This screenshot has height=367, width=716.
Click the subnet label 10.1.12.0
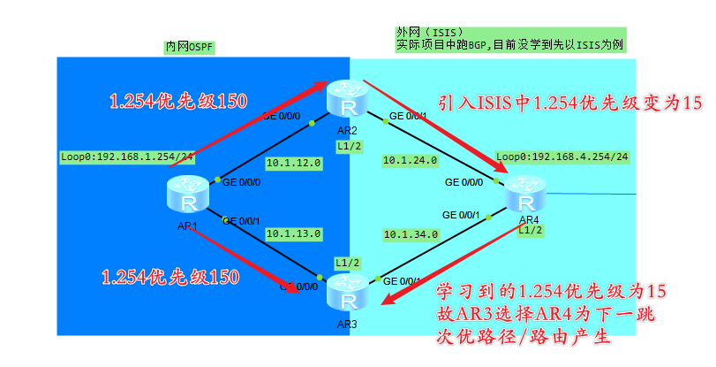click(293, 163)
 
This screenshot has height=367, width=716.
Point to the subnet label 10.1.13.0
click(293, 234)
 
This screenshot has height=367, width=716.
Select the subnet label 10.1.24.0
click(410, 161)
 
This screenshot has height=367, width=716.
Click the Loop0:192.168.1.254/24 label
click(127, 157)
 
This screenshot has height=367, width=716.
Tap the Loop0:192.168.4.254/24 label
click(562, 157)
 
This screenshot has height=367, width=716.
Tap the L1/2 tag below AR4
click(530, 231)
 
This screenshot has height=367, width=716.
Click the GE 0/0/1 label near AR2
click(409, 116)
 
